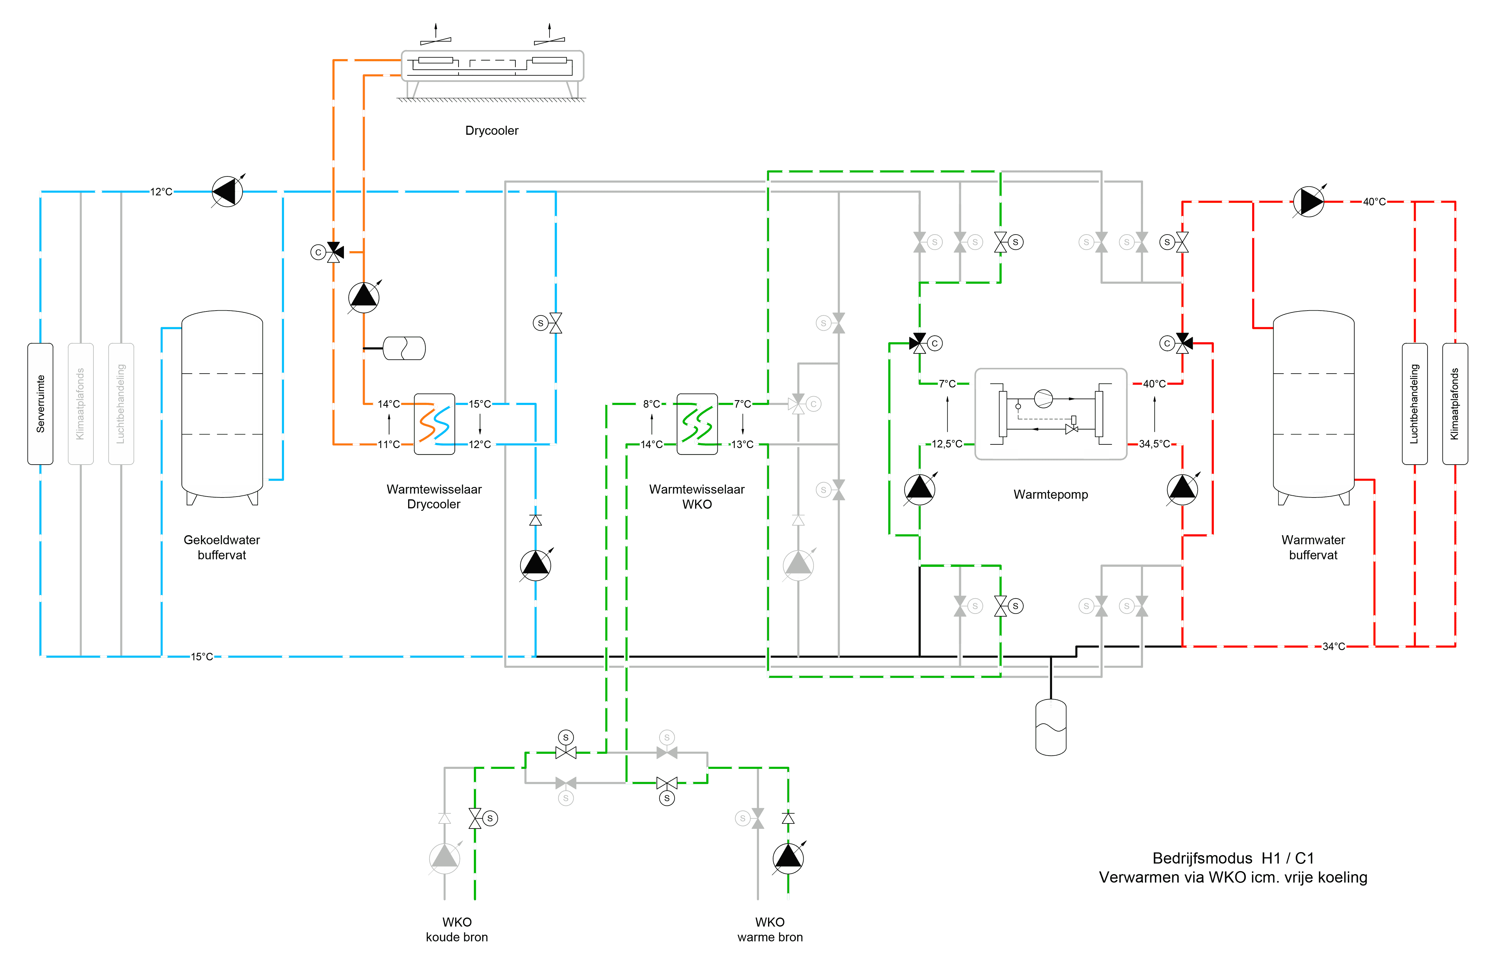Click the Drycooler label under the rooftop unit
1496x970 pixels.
(x=492, y=131)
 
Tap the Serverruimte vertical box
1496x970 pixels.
(x=40, y=404)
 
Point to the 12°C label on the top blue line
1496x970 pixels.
(x=161, y=192)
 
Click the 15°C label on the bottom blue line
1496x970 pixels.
(x=202, y=657)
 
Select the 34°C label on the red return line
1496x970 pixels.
(x=1333, y=646)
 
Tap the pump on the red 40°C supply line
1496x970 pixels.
(x=1308, y=202)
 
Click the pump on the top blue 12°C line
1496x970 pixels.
(x=227, y=192)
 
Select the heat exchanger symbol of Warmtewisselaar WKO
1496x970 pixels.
(x=697, y=424)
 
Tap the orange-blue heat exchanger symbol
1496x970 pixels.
(x=434, y=424)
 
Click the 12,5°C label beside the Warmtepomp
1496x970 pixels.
(x=946, y=444)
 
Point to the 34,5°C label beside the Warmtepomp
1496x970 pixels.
(x=1155, y=444)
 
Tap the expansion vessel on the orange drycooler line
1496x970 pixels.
(x=404, y=348)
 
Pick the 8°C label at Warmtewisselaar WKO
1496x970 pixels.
(x=651, y=404)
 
